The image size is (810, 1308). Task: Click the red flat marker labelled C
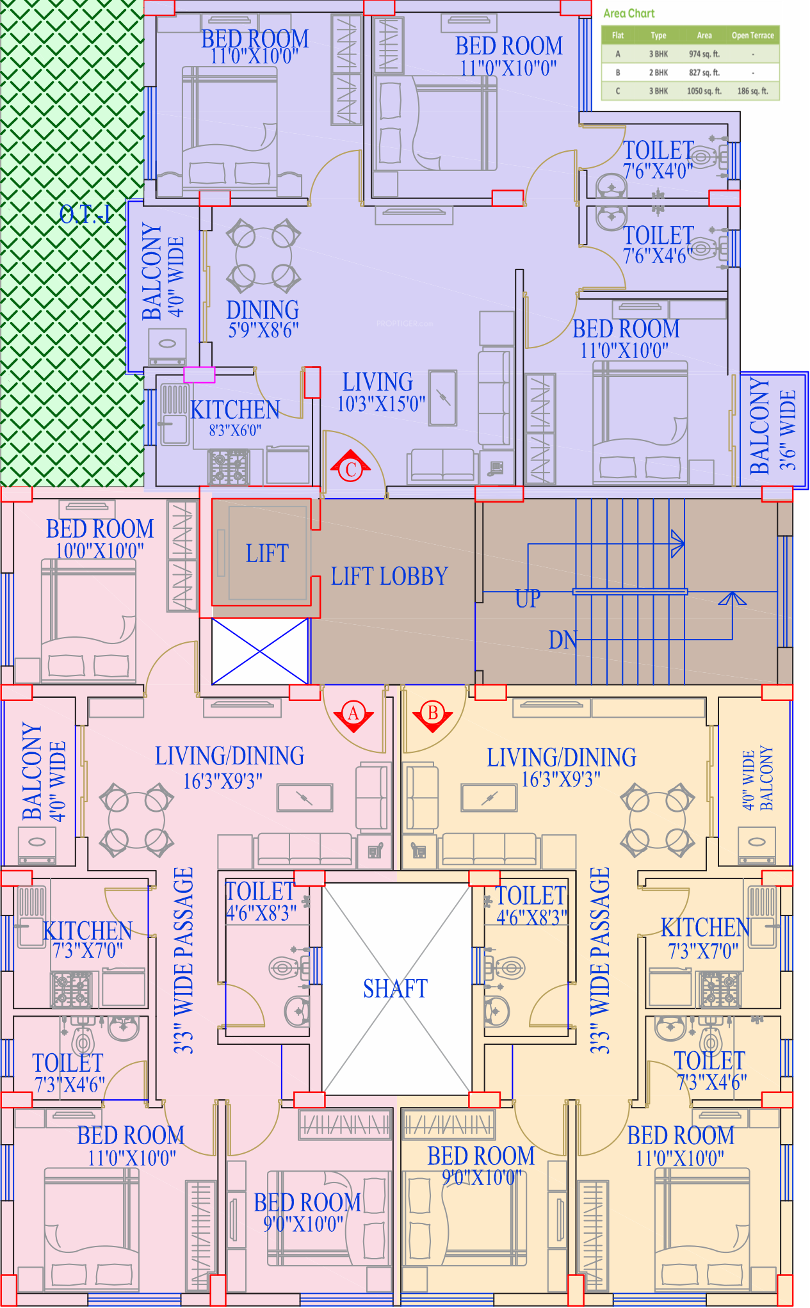coord(350,469)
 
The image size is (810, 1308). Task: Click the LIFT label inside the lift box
coord(267,554)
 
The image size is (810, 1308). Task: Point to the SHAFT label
coord(395,989)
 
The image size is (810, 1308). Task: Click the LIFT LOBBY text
coord(389,576)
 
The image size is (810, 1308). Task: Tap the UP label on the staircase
coord(528,599)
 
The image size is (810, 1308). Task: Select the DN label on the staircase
coord(563,640)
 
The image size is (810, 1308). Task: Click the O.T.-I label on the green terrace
coord(85,214)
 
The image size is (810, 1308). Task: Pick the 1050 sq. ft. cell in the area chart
coord(704,91)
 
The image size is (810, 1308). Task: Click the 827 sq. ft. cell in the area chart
coord(704,72)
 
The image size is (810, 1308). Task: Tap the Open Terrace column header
coord(752,36)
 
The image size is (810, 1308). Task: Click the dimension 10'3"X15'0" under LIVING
coord(382,404)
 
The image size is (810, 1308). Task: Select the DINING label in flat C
coord(263,311)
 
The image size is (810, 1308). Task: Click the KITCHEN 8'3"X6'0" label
coord(235,417)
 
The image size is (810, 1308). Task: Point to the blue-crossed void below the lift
coord(260,651)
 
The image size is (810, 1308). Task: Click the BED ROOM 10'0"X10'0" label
coord(100,538)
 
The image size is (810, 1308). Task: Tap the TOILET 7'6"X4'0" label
coord(658,159)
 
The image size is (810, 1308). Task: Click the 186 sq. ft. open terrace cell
coord(752,91)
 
